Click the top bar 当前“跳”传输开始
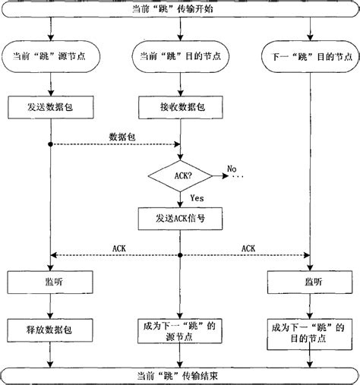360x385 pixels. click(180, 11)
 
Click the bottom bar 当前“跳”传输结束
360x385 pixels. click(180, 374)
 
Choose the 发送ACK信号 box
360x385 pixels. click(179, 219)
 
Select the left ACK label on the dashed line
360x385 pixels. click(119, 248)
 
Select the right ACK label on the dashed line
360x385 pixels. click(248, 248)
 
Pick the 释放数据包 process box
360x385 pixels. click(49, 329)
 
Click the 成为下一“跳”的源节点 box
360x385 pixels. click(179, 330)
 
